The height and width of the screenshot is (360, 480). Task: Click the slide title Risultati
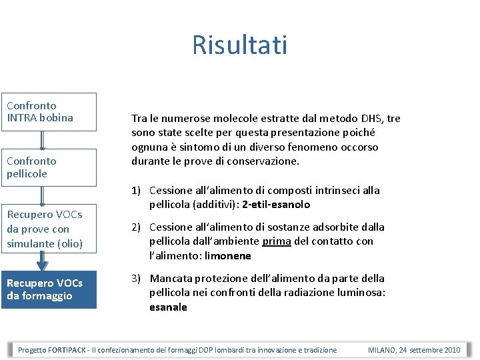point(240,45)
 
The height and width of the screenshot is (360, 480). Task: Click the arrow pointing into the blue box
point(43,261)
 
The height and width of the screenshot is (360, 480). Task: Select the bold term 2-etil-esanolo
point(277,205)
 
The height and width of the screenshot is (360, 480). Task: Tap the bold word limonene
point(229,256)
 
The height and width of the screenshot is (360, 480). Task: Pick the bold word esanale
point(168,307)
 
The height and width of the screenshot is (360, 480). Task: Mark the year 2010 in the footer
point(451,350)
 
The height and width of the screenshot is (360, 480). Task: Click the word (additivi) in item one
point(217,205)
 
